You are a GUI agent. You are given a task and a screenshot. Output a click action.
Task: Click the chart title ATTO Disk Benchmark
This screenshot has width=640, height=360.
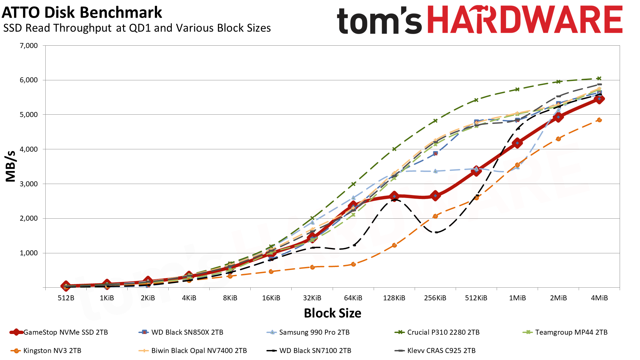click(82, 13)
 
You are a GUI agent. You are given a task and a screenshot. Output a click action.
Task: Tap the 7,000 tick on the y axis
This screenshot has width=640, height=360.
click(29, 46)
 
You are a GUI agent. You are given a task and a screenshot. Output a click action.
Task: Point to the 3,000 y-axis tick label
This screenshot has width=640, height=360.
click(29, 184)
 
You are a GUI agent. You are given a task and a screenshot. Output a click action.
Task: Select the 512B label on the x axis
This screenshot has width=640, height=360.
click(66, 298)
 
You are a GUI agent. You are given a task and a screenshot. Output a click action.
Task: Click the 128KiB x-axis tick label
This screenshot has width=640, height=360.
click(394, 298)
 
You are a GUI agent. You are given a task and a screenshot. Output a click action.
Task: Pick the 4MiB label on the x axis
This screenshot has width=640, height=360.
click(599, 298)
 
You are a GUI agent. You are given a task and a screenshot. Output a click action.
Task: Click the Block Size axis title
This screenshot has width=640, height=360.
click(332, 313)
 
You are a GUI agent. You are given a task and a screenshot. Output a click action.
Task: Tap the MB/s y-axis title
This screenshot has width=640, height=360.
click(11, 166)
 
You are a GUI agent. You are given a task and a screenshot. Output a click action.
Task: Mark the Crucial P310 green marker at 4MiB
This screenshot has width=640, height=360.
click(599, 79)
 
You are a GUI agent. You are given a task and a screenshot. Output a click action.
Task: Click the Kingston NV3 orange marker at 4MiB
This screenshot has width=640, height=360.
click(599, 120)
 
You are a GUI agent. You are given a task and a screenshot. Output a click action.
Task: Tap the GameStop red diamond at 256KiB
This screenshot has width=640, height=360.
click(435, 196)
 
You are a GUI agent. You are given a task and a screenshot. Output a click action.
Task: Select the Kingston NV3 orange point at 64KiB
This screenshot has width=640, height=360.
click(353, 264)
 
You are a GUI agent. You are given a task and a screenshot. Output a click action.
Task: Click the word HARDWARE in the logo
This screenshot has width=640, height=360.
click(525, 20)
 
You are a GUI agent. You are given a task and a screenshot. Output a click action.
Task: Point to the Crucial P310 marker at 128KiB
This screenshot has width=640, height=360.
click(394, 149)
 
